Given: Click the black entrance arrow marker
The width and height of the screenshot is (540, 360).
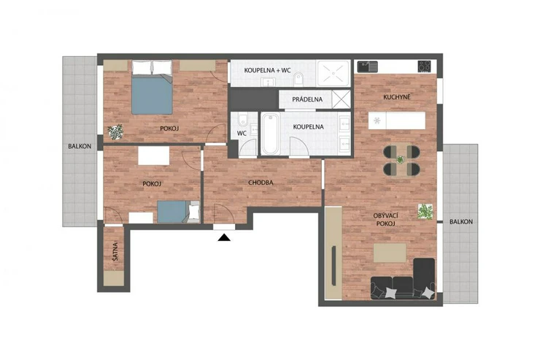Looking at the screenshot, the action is pyautogui.click(x=224, y=237).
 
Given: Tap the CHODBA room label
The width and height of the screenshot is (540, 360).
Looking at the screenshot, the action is pyautogui.click(x=261, y=183).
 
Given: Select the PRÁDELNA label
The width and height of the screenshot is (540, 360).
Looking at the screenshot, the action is pyautogui.click(x=307, y=99).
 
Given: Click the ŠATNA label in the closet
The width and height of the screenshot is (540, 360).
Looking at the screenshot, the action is pyautogui.click(x=115, y=251).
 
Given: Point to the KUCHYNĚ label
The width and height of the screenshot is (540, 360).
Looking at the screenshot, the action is pyautogui.click(x=397, y=97).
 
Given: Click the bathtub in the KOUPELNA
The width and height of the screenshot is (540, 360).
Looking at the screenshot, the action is pyautogui.click(x=270, y=134).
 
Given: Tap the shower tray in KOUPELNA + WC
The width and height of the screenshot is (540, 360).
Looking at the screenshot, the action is pyautogui.click(x=333, y=73).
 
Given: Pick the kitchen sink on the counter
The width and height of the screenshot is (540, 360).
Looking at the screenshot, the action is pyautogui.click(x=368, y=66).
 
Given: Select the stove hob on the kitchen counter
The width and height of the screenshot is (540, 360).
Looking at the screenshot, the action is pyautogui.click(x=424, y=66).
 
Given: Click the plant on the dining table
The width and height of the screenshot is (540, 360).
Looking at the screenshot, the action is pyautogui.click(x=401, y=159).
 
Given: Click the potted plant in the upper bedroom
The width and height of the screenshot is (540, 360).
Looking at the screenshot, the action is pyautogui.click(x=115, y=132).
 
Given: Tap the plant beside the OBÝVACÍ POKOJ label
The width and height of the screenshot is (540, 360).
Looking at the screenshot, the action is pyautogui.click(x=425, y=212).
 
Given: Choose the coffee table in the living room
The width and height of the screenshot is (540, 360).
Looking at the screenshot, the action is pyautogui.click(x=390, y=253).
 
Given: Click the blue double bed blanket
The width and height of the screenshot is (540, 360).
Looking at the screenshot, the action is pyautogui.click(x=152, y=96).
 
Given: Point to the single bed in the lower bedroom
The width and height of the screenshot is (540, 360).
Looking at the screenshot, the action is pyautogui.click(x=178, y=212).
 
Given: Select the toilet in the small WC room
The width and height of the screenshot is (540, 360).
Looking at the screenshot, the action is pyautogui.click(x=243, y=119).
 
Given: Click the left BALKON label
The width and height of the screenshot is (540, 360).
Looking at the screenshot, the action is pyautogui.click(x=80, y=146).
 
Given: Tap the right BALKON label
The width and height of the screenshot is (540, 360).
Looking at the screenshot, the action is pyautogui.click(x=461, y=222).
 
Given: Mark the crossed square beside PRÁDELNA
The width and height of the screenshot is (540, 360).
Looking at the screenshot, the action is pyautogui.click(x=342, y=99).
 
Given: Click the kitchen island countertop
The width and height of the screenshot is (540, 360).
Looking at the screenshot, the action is pyautogui.click(x=397, y=120).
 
